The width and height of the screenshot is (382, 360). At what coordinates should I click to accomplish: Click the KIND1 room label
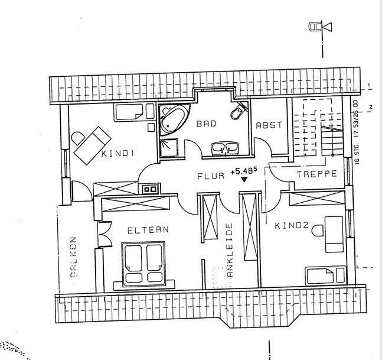point(119,154)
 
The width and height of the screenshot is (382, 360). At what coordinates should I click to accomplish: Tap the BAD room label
point(207,124)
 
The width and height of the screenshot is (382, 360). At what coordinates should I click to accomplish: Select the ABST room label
point(269,125)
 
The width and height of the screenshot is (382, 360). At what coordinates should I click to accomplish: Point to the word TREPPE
point(317,174)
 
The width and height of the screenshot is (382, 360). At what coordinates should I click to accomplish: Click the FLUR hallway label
point(211,176)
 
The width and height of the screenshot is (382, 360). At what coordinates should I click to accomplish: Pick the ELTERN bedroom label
point(148,230)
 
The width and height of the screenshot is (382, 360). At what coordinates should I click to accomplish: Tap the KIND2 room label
point(292,225)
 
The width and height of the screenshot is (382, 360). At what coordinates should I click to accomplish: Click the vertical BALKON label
point(74,258)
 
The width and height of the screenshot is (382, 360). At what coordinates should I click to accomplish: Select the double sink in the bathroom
point(225,147)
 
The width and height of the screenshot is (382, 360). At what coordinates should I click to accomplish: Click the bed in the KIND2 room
point(325,274)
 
